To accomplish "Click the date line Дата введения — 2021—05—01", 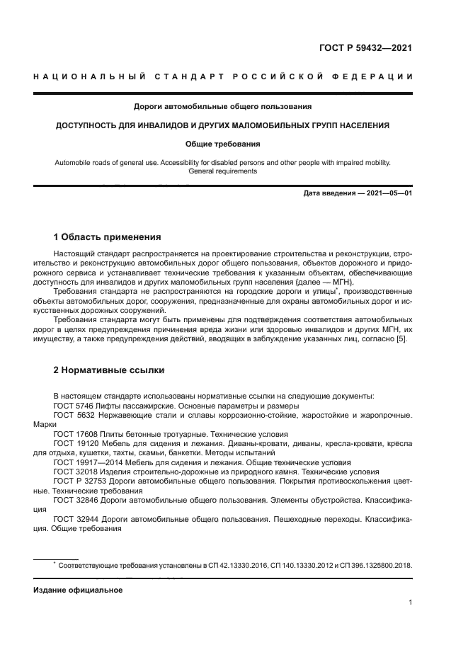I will click(358, 193).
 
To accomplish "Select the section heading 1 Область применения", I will click(108, 236).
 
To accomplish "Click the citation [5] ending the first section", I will click(401, 339).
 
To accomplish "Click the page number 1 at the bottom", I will click(410, 603).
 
